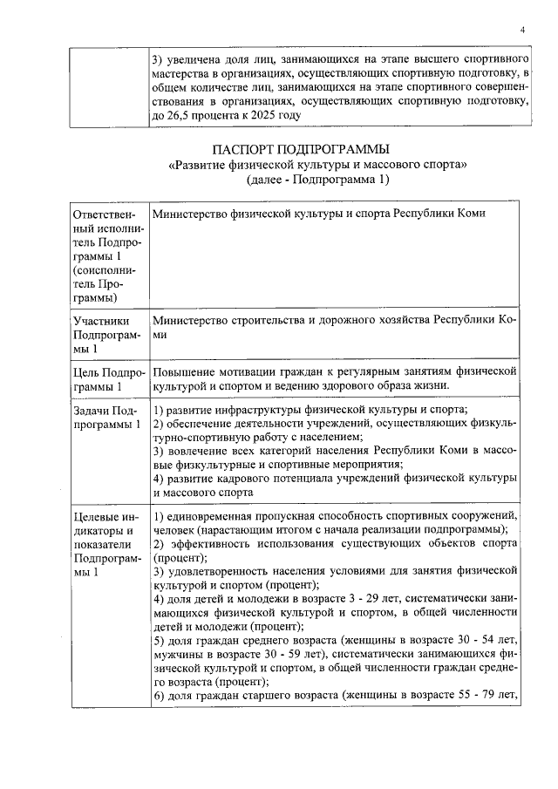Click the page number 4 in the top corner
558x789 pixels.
(521, 30)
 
